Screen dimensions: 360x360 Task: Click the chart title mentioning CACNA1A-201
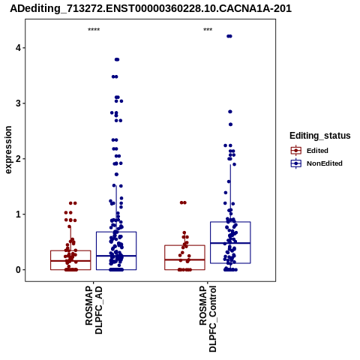151,8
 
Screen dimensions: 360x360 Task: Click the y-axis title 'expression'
8,150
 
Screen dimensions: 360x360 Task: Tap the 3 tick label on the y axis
18,103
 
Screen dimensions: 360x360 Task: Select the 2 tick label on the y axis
18,159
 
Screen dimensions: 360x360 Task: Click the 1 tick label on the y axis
18,214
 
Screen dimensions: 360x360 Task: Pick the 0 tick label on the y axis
18,270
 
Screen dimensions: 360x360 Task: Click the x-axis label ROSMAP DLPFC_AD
94,310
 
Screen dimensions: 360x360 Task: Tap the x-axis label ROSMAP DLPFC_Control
208,319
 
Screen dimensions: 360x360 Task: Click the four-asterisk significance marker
94,30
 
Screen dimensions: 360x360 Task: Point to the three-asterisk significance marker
208,30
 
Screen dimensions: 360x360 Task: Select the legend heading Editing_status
320,136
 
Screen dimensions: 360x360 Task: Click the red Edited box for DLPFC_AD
70,250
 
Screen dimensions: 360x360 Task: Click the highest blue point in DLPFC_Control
229,36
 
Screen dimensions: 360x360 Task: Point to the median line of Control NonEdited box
230,243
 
